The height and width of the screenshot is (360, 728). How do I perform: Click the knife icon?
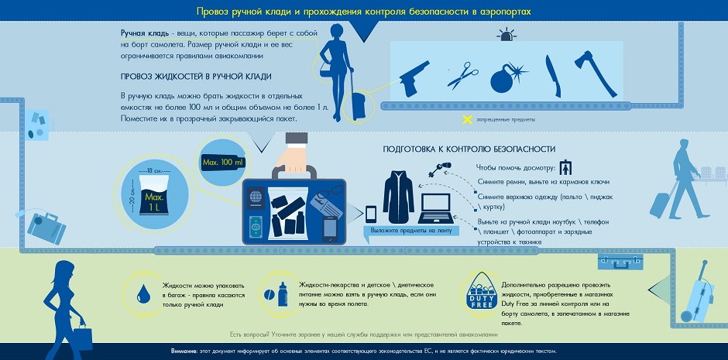pos(551,74)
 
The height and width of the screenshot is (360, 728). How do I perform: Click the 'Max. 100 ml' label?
pos(222,163)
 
